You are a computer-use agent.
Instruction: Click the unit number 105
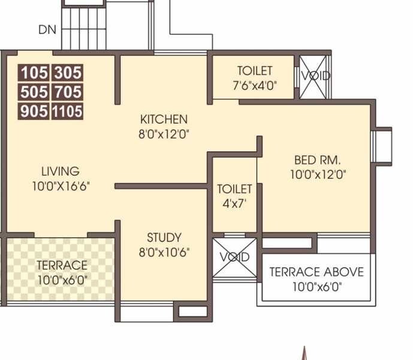click(x=34, y=73)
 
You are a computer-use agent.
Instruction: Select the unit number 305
click(x=67, y=73)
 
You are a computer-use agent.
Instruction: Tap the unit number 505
click(x=34, y=92)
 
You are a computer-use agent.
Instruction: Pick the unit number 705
click(x=67, y=92)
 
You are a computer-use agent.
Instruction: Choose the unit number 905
click(x=34, y=112)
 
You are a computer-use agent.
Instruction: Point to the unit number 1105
click(x=67, y=112)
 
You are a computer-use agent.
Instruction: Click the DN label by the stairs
click(x=47, y=29)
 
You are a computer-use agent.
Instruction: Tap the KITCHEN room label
click(x=164, y=119)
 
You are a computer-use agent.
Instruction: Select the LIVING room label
click(x=60, y=171)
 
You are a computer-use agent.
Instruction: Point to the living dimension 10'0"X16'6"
click(x=62, y=187)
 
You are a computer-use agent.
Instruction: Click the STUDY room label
click(x=164, y=237)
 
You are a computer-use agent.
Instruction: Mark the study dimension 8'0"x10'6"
click(x=164, y=253)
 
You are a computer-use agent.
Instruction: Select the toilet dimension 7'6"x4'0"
click(x=254, y=85)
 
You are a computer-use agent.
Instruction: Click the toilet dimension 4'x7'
click(x=234, y=203)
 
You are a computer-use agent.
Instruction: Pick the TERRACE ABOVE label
click(x=316, y=272)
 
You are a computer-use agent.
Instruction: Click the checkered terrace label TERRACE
click(x=62, y=265)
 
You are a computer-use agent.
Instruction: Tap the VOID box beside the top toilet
click(x=313, y=77)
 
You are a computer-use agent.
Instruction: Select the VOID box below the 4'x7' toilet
click(x=234, y=257)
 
